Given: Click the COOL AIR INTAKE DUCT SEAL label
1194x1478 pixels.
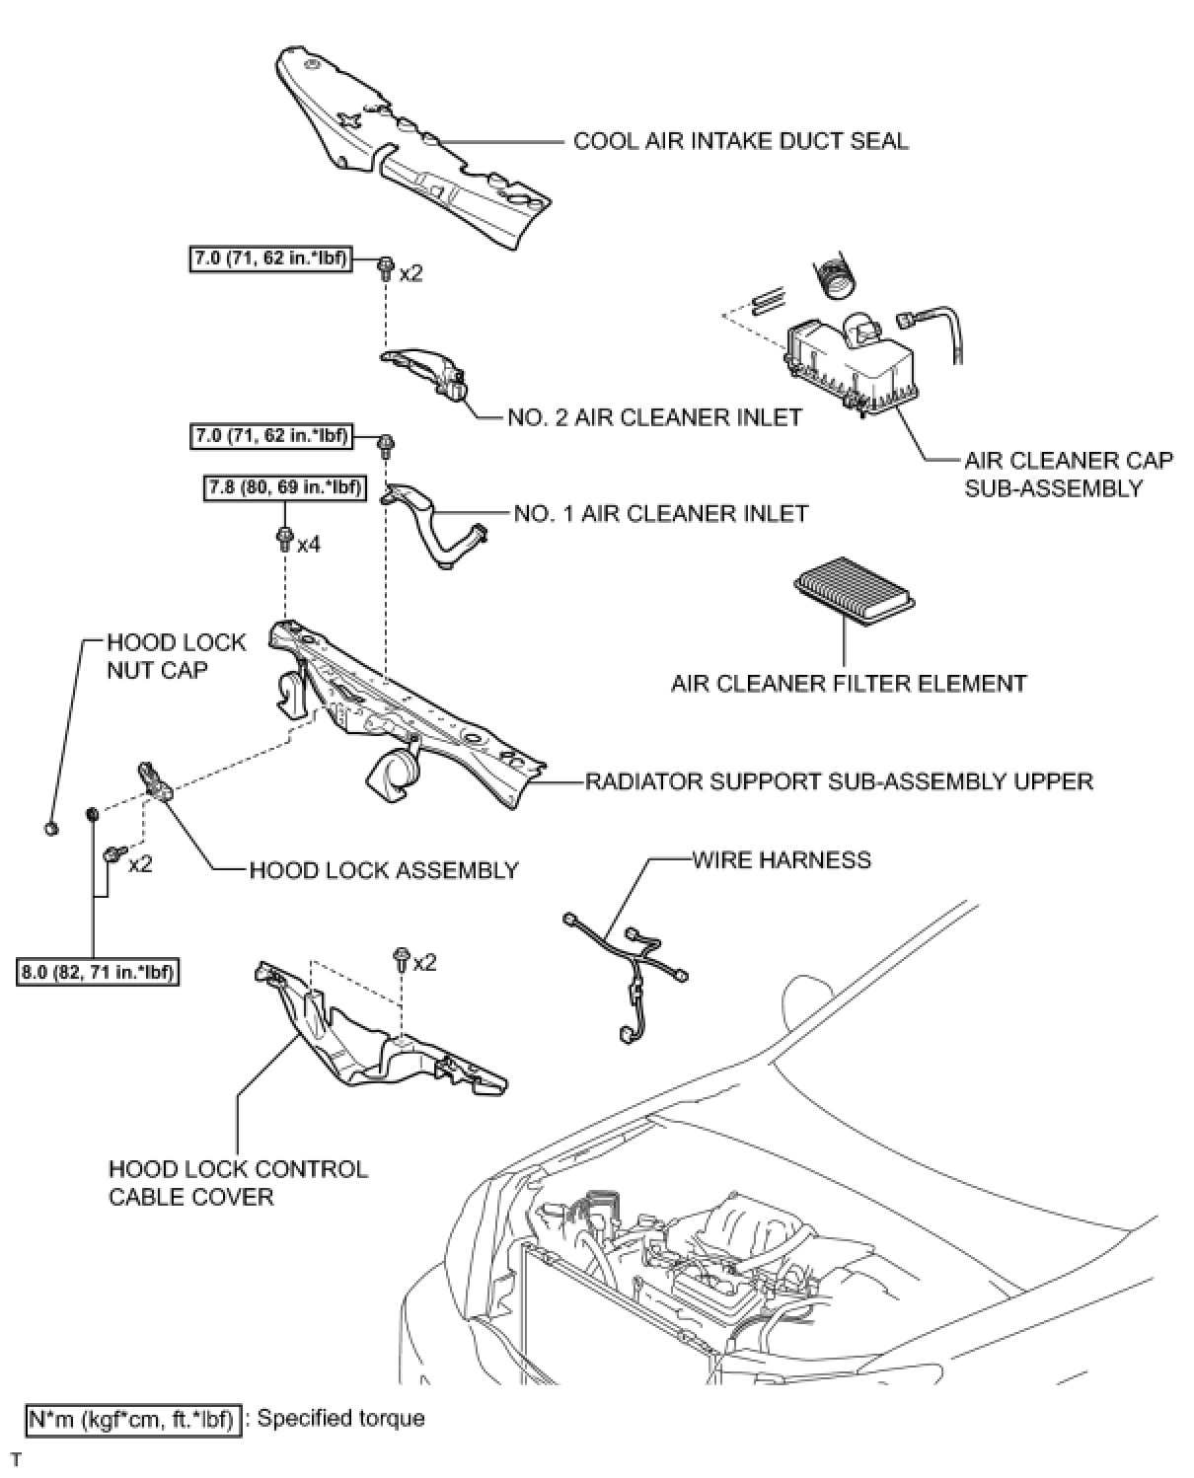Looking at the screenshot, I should [x=740, y=140].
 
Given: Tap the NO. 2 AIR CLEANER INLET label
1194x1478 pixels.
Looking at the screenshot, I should [x=654, y=417].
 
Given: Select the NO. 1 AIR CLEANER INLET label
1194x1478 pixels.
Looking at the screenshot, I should [x=660, y=513].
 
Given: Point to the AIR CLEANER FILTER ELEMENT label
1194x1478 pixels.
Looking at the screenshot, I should [x=849, y=683].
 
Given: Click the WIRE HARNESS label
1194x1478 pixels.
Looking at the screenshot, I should [x=782, y=859].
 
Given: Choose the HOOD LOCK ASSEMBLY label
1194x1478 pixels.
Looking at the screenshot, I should [x=384, y=870].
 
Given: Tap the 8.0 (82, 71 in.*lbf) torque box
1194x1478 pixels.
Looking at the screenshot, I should [x=98, y=972].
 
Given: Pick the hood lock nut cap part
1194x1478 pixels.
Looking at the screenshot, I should [x=51, y=827].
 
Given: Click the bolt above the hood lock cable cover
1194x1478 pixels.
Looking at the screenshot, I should [x=402, y=958].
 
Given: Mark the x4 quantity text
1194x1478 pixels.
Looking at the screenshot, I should [x=309, y=544].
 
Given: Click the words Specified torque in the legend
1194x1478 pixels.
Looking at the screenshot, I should [x=340, y=1418].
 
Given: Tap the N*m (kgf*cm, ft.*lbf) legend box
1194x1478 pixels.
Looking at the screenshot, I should [x=132, y=1419].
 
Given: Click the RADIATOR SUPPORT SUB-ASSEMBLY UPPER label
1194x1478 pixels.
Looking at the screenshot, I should [x=839, y=781].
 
